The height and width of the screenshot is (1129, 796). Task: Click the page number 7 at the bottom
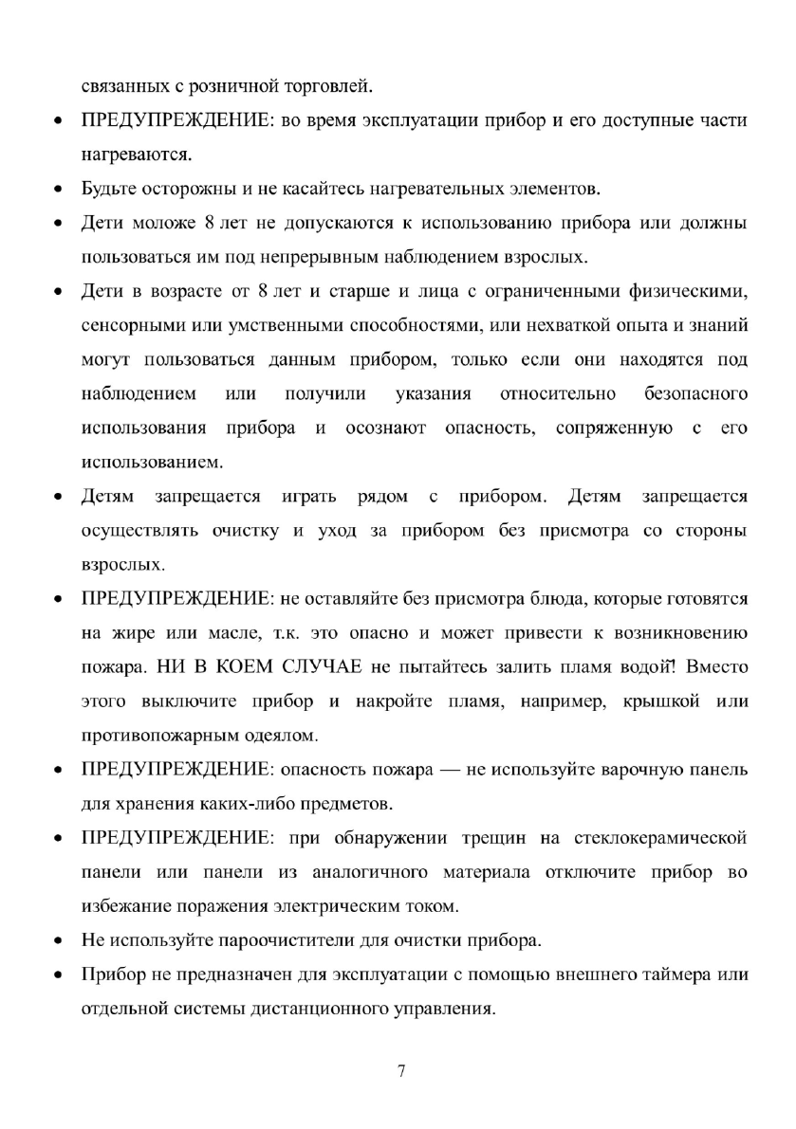pos(401,1071)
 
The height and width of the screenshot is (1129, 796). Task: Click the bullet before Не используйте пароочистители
pos(59,941)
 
